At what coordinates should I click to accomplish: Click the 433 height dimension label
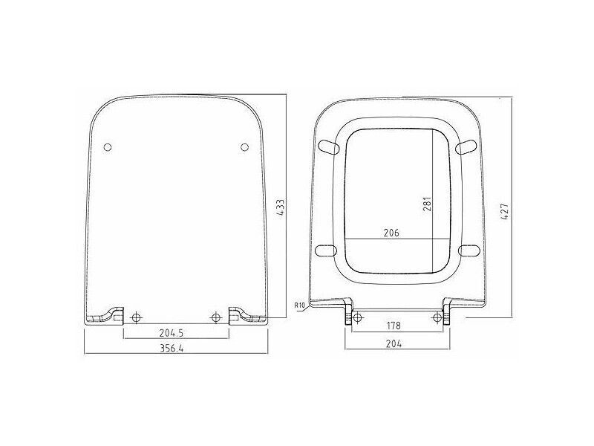[281, 207]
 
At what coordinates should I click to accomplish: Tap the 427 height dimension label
[505, 212]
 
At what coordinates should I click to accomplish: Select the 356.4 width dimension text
[172, 348]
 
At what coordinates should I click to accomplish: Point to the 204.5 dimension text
[172, 333]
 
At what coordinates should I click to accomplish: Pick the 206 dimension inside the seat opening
[391, 233]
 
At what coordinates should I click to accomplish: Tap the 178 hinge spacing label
[394, 326]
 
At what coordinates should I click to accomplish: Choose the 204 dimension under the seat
[394, 343]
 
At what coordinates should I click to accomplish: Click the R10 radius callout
[299, 305]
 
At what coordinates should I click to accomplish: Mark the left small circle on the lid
[108, 146]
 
